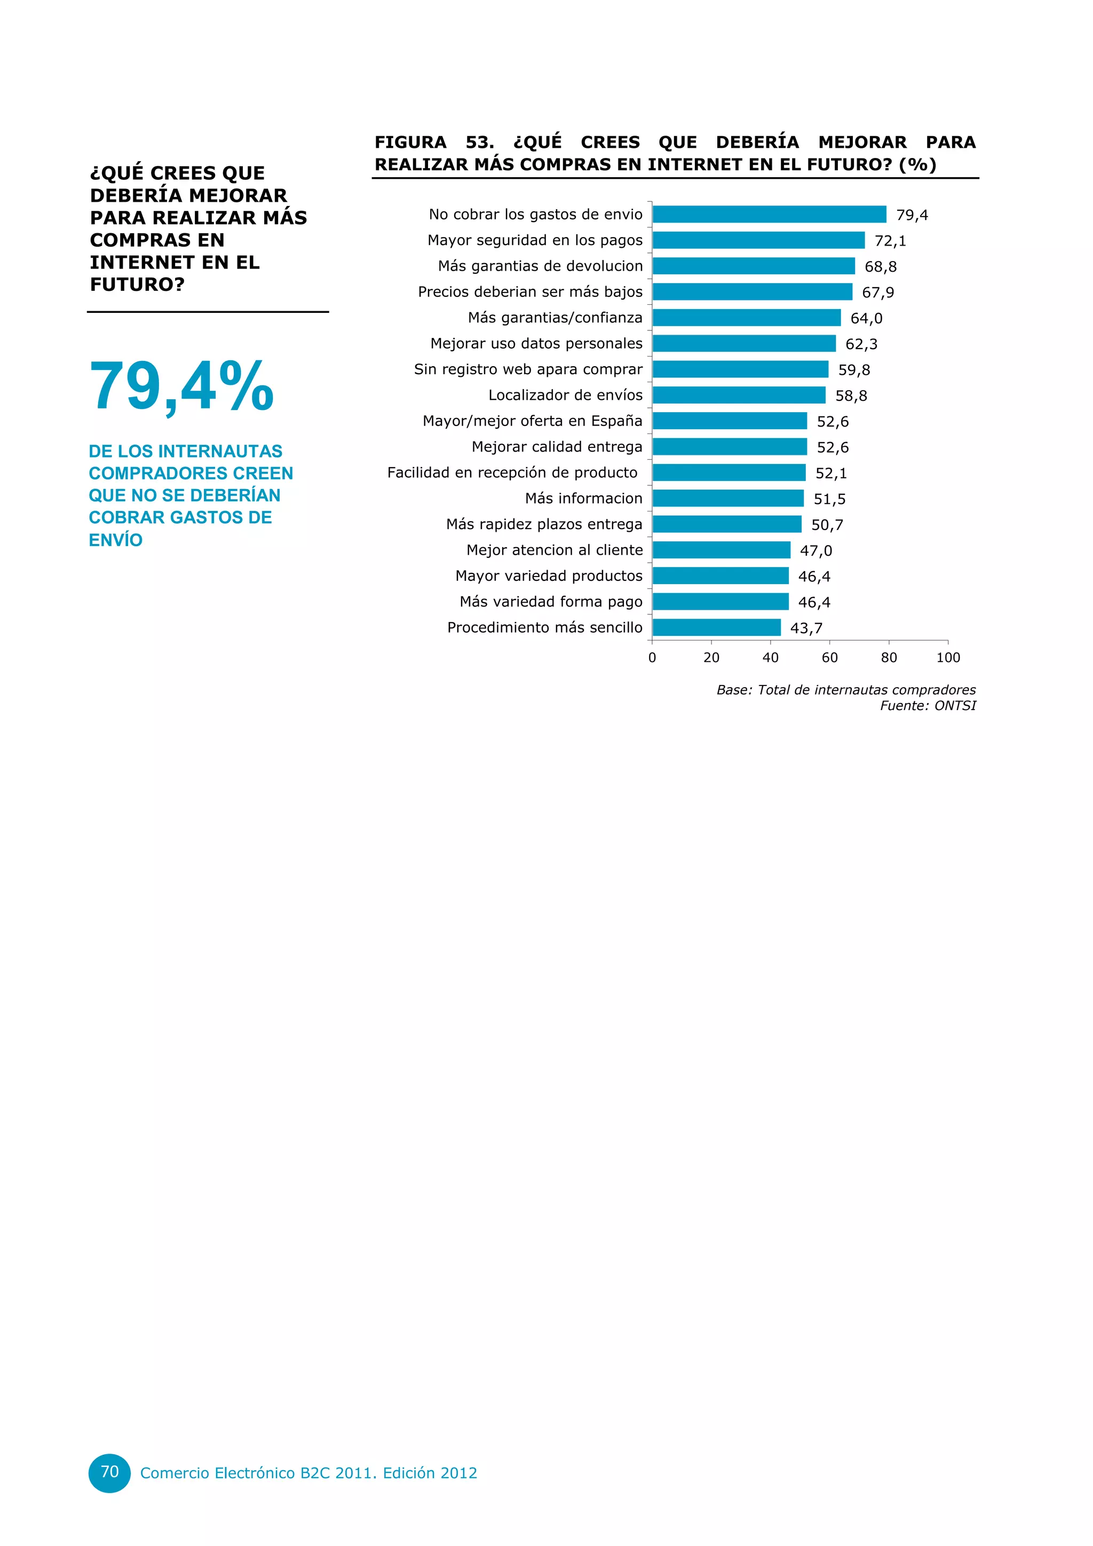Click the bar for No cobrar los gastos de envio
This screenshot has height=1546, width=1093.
(769, 214)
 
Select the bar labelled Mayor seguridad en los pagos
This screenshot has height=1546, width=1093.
(758, 240)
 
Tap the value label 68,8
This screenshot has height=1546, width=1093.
(880, 266)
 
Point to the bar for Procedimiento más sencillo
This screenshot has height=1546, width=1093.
(716, 628)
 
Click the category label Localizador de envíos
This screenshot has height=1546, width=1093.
(565, 395)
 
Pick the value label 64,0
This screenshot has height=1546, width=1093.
(866, 319)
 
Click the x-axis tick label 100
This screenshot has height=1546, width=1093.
(948, 658)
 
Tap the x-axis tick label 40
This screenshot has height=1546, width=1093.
(770, 658)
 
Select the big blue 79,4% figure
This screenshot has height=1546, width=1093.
(181, 386)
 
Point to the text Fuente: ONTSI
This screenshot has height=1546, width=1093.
(928, 706)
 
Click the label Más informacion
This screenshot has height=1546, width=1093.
(583, 498)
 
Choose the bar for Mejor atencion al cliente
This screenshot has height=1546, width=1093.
(721, 550)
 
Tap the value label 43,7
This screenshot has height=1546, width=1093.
(806, 628)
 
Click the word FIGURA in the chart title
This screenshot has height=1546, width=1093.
(410, 142)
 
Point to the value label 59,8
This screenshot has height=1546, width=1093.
(854, 369)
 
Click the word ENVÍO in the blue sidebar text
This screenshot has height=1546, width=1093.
(116, 540)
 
